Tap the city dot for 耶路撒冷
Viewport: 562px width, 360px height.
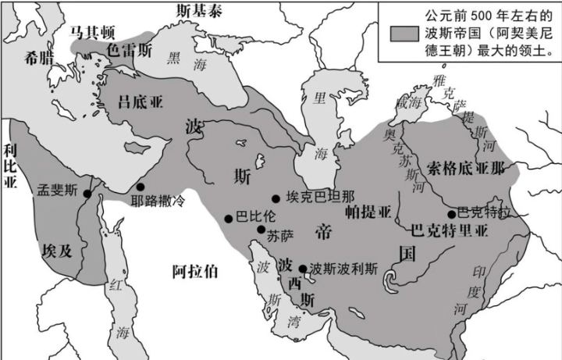point(140,187)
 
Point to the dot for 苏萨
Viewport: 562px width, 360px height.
point(261,229)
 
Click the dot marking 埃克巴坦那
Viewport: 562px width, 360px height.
point(276,199)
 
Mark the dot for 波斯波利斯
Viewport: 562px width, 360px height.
point(303,268)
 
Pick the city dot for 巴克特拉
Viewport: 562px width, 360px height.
point(451,214)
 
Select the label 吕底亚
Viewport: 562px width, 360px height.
point(140,103)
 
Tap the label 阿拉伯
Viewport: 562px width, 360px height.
point(195,272)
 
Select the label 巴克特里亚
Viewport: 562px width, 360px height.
point(448,231)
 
